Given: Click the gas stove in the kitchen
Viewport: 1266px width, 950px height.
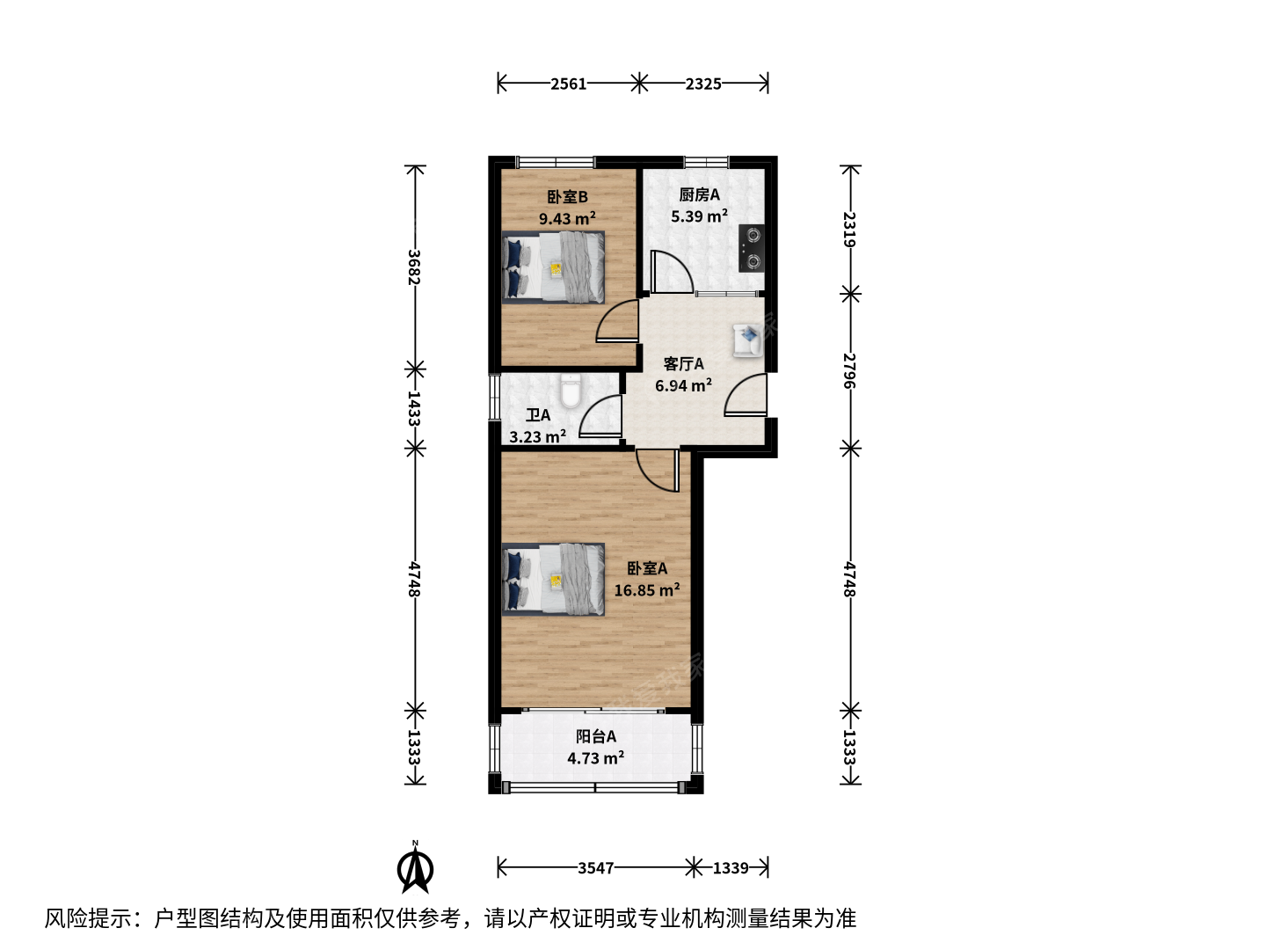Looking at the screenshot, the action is point(752,248).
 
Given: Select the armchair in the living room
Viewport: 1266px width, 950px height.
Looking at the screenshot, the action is point(747,340).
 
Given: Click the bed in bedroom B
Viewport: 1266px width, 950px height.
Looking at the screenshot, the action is point(553,267).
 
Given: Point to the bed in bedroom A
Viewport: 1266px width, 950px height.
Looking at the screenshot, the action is point(553,579).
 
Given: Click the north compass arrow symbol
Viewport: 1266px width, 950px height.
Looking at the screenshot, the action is point(415,871).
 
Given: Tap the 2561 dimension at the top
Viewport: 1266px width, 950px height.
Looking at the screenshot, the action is point(568,84).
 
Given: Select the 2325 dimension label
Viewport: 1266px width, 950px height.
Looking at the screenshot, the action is point(703,84).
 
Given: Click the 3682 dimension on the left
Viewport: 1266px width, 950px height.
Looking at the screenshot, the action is point(414,267).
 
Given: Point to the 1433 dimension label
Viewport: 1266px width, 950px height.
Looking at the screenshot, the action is point(414,408).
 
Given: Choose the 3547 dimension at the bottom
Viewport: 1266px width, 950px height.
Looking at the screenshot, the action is point(596,867).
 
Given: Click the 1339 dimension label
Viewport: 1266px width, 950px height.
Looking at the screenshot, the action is point(731,867).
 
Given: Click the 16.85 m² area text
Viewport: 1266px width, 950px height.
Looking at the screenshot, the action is point(646,590).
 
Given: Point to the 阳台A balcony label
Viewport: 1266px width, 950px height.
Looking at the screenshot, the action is point(596,736).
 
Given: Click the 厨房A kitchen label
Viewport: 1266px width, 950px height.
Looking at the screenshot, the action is point(699,195).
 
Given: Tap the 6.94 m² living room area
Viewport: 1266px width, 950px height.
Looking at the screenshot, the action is point(683,385).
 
